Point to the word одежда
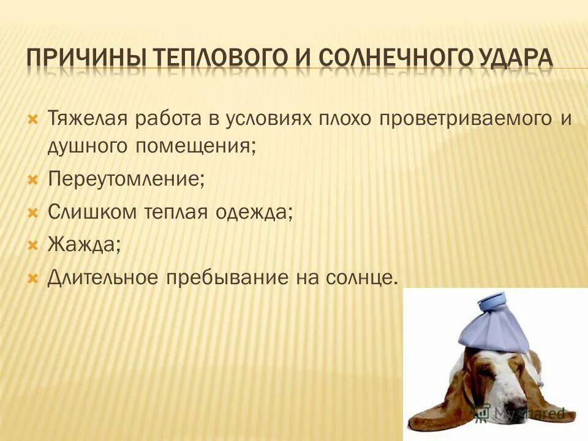point(253,213)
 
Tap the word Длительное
point(102,277)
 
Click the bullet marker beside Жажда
point(34,244)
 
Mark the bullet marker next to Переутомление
point(34,179)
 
